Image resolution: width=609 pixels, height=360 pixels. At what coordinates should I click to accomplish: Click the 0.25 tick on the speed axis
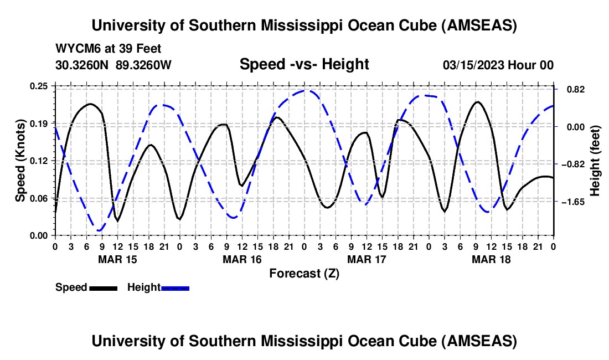pyautogui.click(x=39, y=86)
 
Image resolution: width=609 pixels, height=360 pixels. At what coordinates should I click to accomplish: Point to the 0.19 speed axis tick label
pyautogui.click(x=39, y=123)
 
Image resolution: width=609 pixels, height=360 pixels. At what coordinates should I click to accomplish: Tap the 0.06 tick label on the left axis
pyautogui.click(x=39, y=198)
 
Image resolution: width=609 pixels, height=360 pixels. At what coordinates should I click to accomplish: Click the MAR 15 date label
pyautogui.click(x=117, y=259)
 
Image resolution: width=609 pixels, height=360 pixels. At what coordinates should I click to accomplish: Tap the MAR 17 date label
pyautogui.click(x=367, y=259)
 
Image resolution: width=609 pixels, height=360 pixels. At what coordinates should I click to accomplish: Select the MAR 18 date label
pyautogui.click(x=491, y=259)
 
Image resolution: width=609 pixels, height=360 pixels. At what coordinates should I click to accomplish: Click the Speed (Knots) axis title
pyautogui.click(x=20, y=160)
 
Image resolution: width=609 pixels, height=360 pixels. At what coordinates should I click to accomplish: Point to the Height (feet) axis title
pyautogui.click(x=595, y=160)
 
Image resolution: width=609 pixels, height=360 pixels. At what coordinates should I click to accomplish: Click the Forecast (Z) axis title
pyautogui.click(x=304, y=273)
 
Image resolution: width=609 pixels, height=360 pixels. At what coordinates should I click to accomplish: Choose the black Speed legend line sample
pyautogui.click(x=103, y=287)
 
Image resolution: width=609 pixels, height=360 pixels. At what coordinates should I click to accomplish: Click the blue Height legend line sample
pyautogui.click(x=175, y=287)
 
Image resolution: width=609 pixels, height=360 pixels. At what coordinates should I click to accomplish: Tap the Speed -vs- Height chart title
pyautogui.click(x=304, y=64)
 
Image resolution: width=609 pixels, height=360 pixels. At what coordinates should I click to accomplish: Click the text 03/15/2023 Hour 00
pyautogui.click(x=498, y=65)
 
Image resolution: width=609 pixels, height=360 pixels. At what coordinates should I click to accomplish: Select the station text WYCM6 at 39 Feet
pyautogui.click(x=109, y=49)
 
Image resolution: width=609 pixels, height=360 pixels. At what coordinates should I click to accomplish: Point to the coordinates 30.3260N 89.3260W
pyautogui.click(x=113, y=65)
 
